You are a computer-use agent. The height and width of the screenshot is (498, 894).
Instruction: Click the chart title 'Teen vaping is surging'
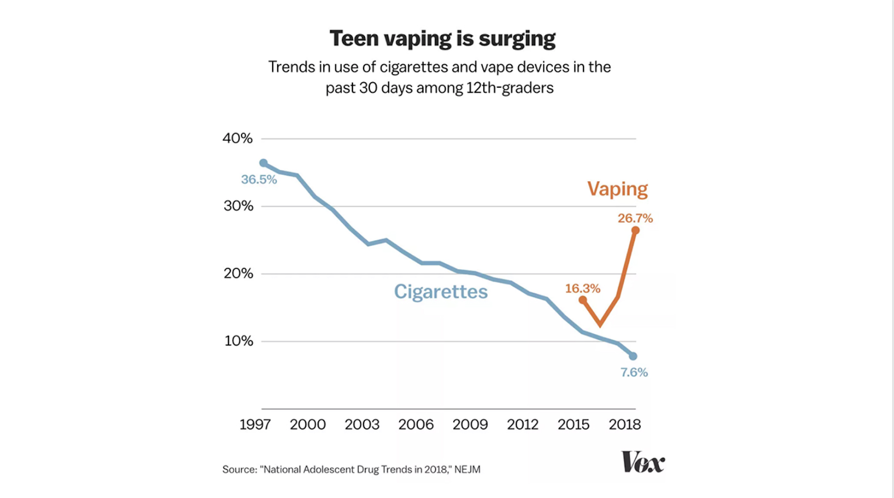click(x=442, y=39)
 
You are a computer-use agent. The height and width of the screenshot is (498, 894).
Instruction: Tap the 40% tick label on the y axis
click(x=237, y=138)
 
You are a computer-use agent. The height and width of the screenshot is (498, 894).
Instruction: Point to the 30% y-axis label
click(x=238, y=206)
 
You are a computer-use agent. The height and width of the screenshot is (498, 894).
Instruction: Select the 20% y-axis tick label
click(x=238, y=273)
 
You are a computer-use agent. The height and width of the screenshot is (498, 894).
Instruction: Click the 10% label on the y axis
click(x=239, y=341)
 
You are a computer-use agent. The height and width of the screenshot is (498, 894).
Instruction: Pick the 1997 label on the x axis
click(x=255, y=425)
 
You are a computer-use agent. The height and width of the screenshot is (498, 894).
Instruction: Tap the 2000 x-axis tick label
click(x=307, y=425)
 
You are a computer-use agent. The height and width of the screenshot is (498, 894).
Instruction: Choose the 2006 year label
click(x=416, y=425)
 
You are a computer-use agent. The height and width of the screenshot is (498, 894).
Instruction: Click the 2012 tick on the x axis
click(x=522, y=425)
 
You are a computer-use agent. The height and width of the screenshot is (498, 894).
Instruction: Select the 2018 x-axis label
click(x=625, y=425)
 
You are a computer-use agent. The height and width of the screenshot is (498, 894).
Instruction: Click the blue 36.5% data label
click(x=259, y=179)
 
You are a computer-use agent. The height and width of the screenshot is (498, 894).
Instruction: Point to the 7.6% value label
click(x=634, y=372)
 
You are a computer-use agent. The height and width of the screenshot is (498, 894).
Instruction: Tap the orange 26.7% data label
click(x=635, y=218)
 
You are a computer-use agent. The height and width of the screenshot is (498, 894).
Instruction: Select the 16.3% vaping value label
click(x=582, y=288)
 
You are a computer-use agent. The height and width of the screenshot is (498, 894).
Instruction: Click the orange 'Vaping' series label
click(x=617, y=189)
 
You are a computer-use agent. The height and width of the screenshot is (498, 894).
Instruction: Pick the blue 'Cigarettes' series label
click(x=441, y=292)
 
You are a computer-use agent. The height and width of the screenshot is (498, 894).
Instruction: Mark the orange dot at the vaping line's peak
click(x=635, y=230)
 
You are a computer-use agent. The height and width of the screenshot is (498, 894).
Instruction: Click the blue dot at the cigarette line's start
click(x=263, y=163)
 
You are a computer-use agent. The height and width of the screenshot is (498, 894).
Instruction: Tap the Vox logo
click(x=643, y=462)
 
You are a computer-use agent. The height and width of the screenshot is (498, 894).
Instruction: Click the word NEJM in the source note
click(x=467, y=469)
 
